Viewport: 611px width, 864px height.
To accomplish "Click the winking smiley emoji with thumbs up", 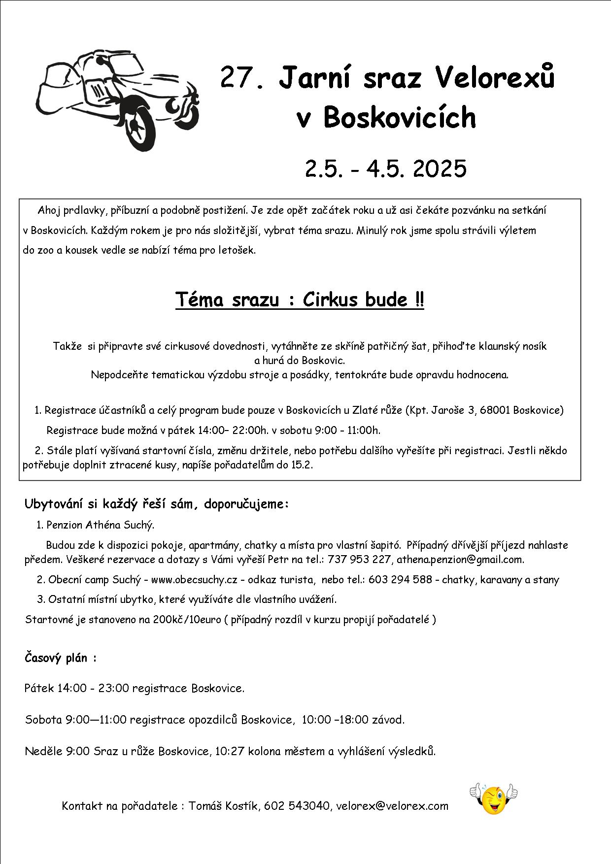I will (493, 798).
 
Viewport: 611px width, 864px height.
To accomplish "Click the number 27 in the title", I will (237, 77).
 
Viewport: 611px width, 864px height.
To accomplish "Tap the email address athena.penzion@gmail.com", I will (460, 560).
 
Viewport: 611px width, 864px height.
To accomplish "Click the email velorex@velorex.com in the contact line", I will (392, 806).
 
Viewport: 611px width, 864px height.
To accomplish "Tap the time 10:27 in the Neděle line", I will (230, 752).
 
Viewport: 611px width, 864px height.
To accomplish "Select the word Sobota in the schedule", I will (43, 720).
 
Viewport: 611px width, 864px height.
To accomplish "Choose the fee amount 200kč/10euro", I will (187, 620).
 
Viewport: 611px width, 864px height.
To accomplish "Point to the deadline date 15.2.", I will (303, 465).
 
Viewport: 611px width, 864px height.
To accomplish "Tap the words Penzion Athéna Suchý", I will (100, 525).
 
